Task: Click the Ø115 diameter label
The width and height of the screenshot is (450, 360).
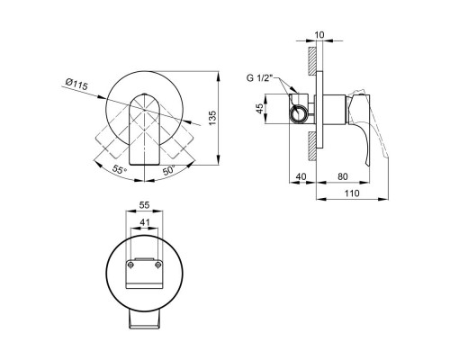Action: [76, 84]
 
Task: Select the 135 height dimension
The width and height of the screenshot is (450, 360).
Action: [212, 118]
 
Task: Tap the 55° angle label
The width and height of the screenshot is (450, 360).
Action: [119, 170]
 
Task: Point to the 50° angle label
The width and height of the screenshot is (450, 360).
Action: [168, 170]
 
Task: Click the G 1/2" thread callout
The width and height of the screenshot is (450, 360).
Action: [259, 78]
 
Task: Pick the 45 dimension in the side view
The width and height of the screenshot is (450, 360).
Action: [259, 108]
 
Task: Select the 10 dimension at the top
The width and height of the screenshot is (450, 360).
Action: [319, 35]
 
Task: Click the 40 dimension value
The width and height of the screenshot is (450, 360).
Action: [301, 176]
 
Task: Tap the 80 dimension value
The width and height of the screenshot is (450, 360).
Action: [343, 176]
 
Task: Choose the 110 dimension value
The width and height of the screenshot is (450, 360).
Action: [352, 193]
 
